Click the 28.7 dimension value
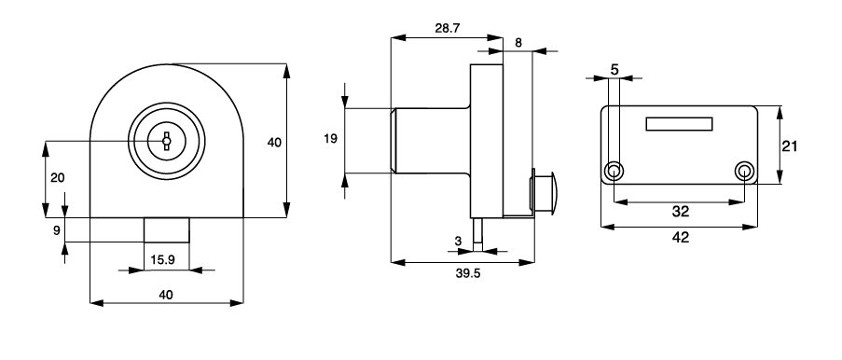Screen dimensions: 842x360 pos(448,29)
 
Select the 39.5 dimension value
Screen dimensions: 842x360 pos(468,273)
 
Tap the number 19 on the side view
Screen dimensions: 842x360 pos(331,139)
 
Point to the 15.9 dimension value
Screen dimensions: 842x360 pos(162,260)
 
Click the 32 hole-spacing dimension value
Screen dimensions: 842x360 pos(681,212)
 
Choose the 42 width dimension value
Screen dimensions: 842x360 pos(681,237)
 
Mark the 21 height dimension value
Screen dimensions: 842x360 pos(790,146)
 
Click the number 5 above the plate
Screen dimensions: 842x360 pos(614,69)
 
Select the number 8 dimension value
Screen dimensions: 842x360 pos(518,44)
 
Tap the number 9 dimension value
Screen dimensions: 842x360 pos(56,230)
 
